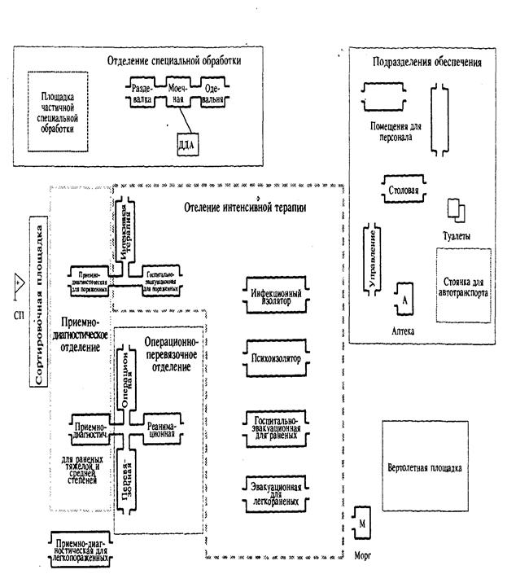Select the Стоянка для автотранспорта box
[463, 288]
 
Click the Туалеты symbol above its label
[457, 211]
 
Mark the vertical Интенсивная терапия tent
[122, 230]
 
